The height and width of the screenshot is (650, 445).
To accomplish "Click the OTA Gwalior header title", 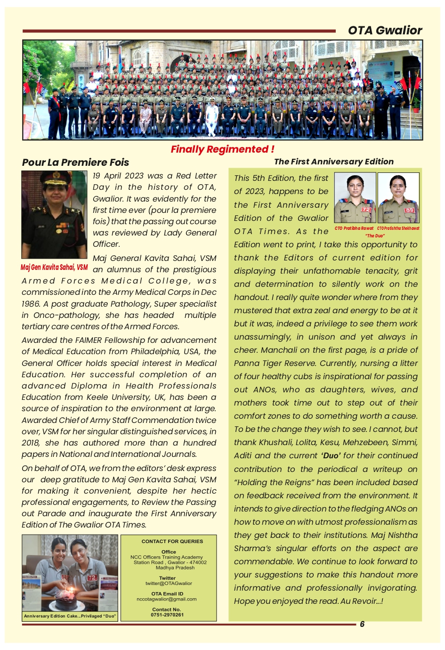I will (385, 31).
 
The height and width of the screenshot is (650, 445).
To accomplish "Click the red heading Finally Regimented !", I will (222, 149).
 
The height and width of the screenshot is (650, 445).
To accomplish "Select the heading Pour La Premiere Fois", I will (75, 162).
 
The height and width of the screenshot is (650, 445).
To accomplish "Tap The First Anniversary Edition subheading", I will (333, 162).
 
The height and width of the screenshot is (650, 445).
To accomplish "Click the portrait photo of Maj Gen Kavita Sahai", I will (54, 214).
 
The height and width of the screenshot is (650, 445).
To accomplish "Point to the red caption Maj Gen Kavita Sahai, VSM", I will (54, 268).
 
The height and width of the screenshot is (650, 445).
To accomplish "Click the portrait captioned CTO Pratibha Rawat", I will (355, 198).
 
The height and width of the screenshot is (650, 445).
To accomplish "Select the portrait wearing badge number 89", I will (398, 198).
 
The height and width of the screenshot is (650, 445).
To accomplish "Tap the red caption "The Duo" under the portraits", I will (375, 236).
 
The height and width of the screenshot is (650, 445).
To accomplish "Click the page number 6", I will (362, 624).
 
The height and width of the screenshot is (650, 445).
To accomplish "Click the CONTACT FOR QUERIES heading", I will (172, 542).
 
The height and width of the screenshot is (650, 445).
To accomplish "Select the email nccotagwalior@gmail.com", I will (166, 599).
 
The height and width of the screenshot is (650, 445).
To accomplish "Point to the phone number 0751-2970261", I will (167, 615).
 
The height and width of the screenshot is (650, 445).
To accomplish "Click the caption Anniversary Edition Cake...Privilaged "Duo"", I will (70, 616).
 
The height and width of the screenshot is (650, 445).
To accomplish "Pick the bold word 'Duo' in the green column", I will (331, 456).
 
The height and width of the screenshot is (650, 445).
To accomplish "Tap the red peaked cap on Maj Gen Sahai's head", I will (53, 178).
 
